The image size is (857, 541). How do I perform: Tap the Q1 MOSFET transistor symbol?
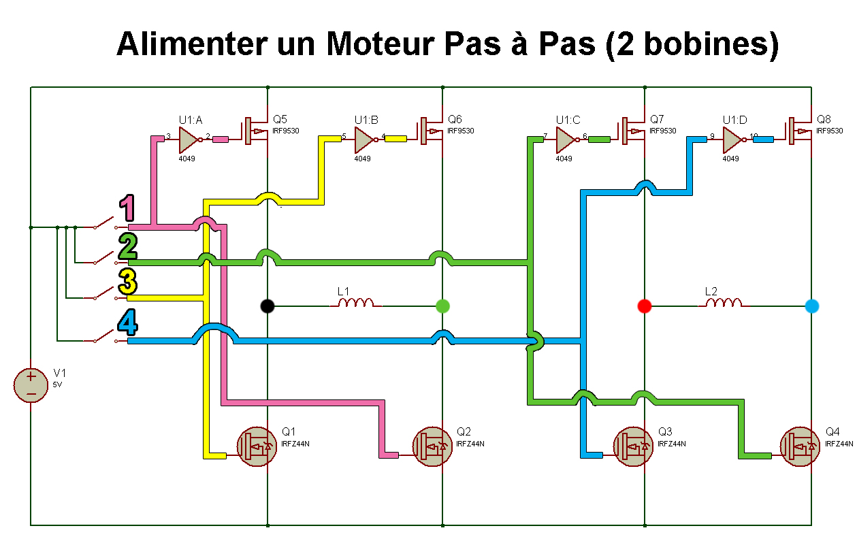click(x=255, y=446)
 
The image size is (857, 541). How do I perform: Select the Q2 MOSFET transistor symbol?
click(x=432, y=446)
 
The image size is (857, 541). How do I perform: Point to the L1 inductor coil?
click(x=355, y=302)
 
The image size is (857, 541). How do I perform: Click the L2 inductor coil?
click(x=723, y=302)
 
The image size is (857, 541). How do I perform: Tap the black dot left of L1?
click(x=268, y=306)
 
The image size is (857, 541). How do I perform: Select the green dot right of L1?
click(x=443, y=306)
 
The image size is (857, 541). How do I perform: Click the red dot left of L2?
click(x=644, y=306)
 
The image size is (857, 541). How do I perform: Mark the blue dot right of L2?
click(x=811, y=306)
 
